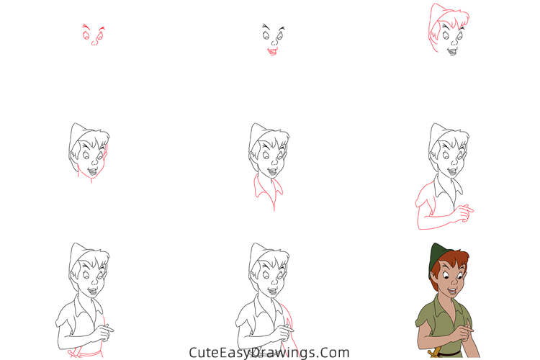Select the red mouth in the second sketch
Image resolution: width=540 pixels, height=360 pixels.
coord(272,52)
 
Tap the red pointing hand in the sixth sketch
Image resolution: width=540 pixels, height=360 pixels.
coord(464,211)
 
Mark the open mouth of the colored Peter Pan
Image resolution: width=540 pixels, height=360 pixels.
coord(452,292)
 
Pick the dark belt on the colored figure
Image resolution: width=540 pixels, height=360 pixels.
coord(447,354)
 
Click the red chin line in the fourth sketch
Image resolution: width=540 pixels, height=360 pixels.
coord(90,174)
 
